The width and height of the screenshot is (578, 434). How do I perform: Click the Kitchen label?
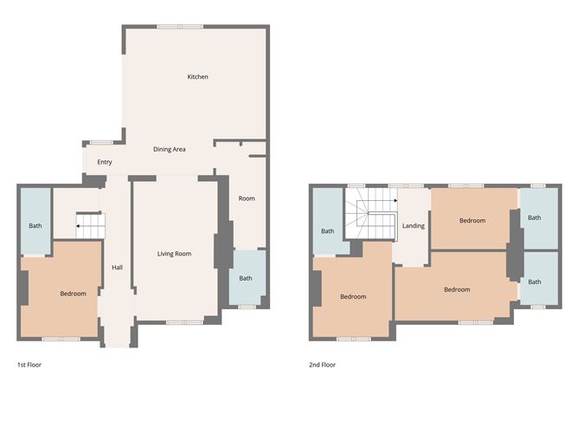pyautogui.click(x=197, y=77)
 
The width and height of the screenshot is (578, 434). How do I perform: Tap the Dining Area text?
pyautogui.click(x=170, y=150)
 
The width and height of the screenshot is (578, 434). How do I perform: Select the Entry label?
pyautogui.click(x=105, y=162)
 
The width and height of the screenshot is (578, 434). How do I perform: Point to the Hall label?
pyautogui.click(x=117, y=267)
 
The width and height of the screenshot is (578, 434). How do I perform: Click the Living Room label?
pyautogui.click(x=174, y=254)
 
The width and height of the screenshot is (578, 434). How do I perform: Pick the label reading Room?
pyautogui.click(x=247, y=198)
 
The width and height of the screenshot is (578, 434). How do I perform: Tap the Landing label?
pyautogui.click(x=414, y=226)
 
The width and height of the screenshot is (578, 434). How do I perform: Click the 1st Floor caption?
pyautogui.click(x=29, y=365)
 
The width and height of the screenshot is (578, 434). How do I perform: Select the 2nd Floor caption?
pyautogui.click(x=322, y=365)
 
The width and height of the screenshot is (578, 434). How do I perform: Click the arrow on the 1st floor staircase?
pyautogui.click(x=80, y=226)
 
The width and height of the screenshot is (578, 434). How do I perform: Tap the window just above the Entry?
pyautogui.click(x=101, y=142)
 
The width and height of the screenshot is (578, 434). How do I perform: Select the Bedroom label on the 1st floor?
pyautogui.click(x=73, y=294)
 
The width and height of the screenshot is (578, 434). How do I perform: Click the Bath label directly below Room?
pyautogui.click(x=246, y=278)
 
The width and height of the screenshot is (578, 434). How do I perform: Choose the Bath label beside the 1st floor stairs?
pyautogui.click(x=35, y=226)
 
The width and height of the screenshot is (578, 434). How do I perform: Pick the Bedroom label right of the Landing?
pyautogui.click(x=472, y=221)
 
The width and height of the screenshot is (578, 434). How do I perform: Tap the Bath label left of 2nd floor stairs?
pyautogui.click(x=328, y=231)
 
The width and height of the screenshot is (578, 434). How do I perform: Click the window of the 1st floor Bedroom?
pyautogui.click(x=61, y=339)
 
